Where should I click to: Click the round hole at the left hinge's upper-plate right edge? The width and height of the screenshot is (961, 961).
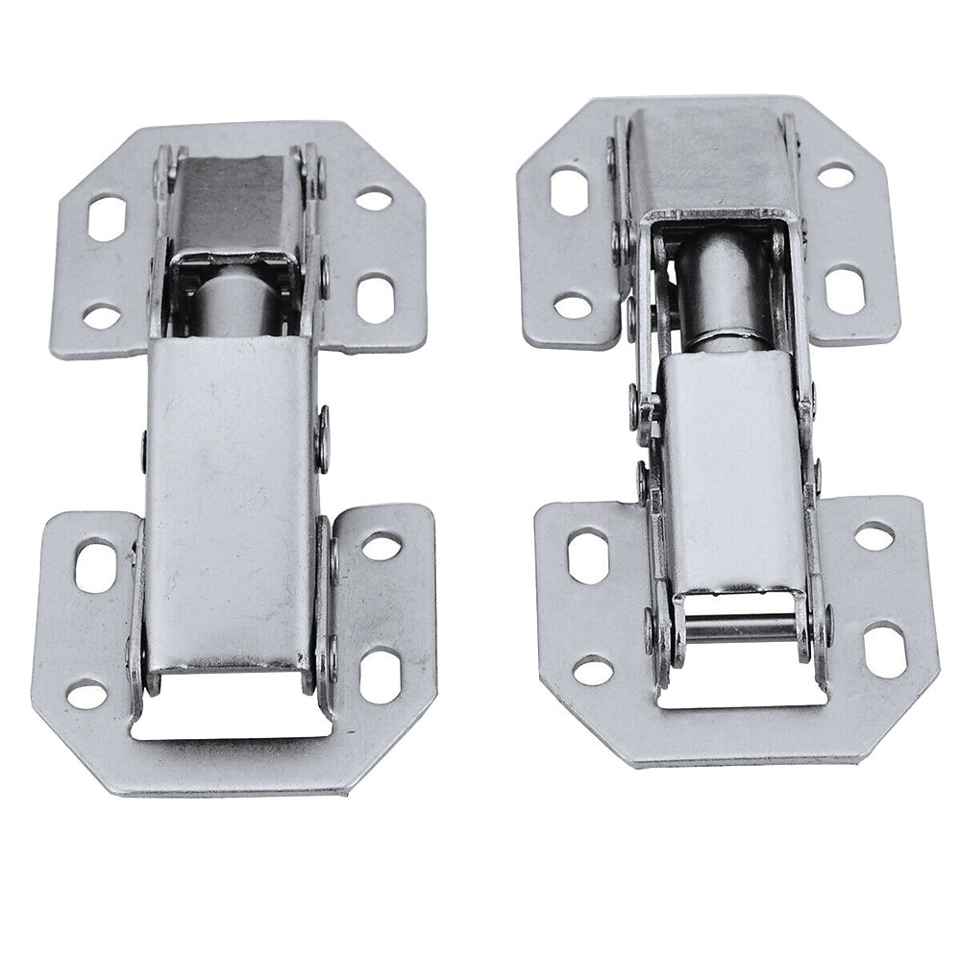pos(374,199)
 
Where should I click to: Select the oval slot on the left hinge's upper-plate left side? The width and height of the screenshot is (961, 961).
pos(108,215)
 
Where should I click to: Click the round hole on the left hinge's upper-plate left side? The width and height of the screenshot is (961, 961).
pos(102,314)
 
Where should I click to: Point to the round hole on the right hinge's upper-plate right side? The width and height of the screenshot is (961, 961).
pos(836,176)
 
